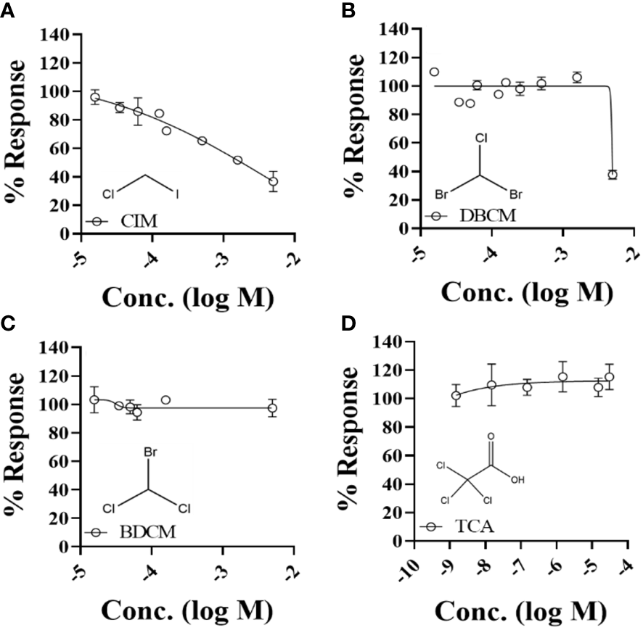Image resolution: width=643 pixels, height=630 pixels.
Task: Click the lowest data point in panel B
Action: click(613, 175)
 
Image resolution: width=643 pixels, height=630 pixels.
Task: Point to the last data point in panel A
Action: click(273, 182)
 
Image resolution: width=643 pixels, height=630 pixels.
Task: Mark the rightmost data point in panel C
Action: click(273, 408)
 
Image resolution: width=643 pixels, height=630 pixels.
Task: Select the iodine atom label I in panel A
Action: click(177, 194)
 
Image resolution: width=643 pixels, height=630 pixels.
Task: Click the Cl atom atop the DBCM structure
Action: click(479, 137)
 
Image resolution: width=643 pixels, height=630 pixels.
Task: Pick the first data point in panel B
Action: click(434, 72)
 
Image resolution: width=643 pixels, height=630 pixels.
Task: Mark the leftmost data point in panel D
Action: click(456, 395)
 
